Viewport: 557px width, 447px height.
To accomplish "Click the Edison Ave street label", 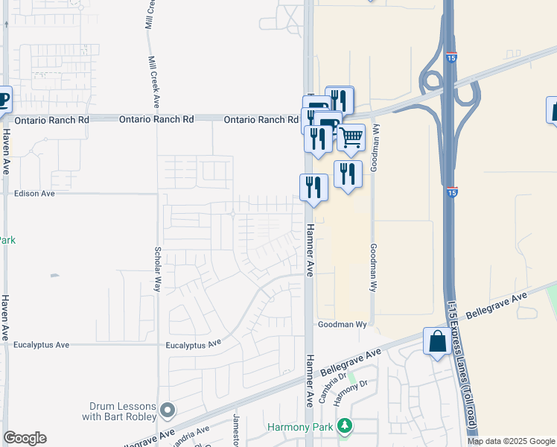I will pos(35,194).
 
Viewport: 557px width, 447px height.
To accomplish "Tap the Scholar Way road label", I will pos(157,269).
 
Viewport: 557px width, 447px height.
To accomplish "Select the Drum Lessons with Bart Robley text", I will pos(123,411).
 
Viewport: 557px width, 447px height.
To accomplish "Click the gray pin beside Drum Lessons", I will pos(169,410).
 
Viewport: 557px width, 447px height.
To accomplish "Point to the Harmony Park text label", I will pos(301,428).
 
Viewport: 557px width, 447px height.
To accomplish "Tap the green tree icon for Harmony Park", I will pos(344,426).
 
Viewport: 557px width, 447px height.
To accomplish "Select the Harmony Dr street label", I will pos(351,393).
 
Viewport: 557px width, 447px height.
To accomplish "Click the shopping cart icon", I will pos(351,137).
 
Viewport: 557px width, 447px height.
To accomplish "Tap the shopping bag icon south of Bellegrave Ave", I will pos(437,341).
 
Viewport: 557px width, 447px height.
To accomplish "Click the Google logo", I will pos(25,438).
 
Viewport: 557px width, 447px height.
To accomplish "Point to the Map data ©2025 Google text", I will pos(511,441).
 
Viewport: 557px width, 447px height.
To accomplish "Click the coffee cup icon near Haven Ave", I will pos(3,100).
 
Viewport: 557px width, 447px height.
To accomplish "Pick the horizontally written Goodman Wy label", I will pos(343,325).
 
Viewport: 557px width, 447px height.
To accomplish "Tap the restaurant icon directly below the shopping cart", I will pos(348,174).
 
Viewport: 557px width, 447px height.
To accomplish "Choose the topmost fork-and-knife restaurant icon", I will pos(339,100).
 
